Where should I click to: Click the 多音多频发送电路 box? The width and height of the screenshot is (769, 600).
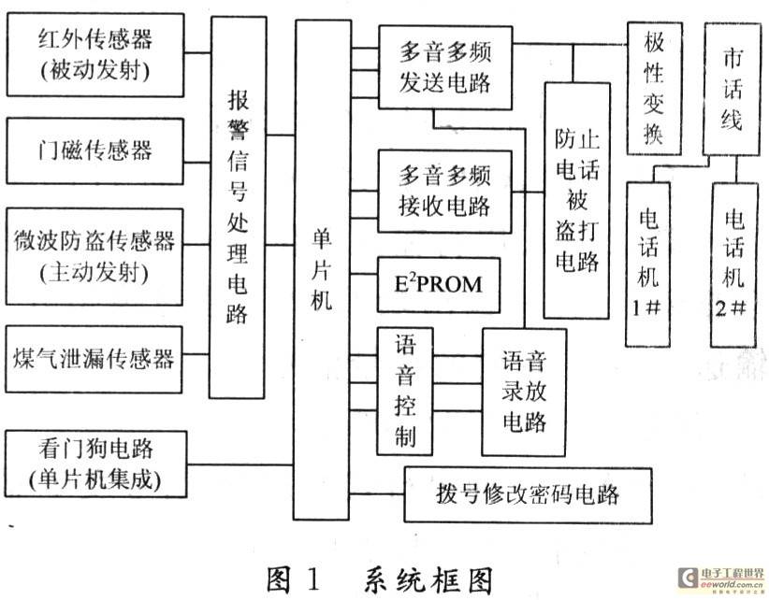coord(445,67)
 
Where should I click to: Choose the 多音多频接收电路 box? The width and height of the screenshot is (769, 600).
coord(445,191)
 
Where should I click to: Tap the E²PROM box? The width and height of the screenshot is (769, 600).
coord(445,283)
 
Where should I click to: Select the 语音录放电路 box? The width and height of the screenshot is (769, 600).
coord(524,390)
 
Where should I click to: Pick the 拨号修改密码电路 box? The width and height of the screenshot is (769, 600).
coord(529,493)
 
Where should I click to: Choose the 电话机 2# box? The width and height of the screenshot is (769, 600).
coord(733,264)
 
